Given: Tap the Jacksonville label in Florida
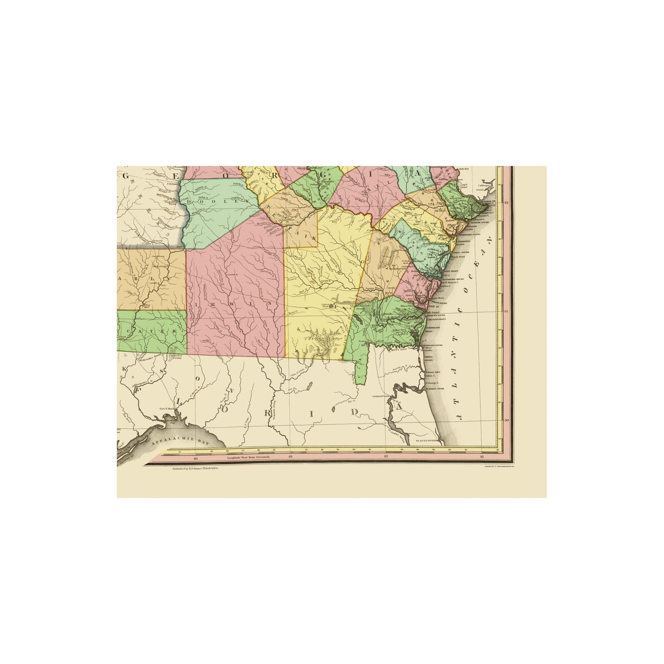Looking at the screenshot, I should point(381,395).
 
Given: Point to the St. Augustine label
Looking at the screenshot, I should point(429,442).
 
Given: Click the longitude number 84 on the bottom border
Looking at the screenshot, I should point(196,458).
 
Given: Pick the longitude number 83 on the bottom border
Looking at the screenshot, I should point(290,458).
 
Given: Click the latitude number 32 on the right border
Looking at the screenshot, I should point(506,203).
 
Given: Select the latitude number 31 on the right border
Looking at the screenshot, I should point(506,312).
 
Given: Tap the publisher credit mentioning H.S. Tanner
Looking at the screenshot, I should point(195,468).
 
